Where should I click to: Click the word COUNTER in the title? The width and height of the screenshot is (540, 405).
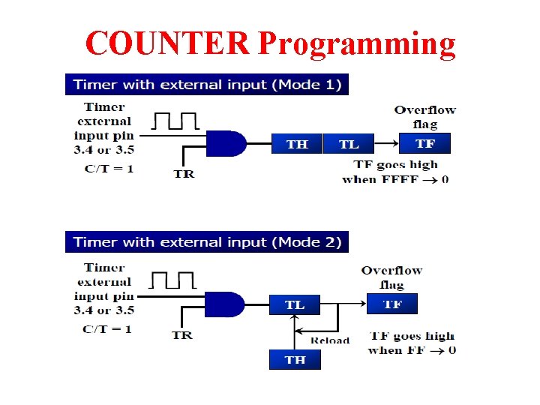tap(167, 43)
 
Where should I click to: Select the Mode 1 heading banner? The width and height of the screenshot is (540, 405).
tap(206, 84)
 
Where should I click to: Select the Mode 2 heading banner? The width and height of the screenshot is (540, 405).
tap(206, 242)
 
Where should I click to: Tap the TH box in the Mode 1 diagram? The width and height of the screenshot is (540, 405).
tap(296, 143)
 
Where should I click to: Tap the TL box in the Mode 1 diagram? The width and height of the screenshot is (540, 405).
tap(349, 143)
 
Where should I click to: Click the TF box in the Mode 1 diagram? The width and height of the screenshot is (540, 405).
tap(424, 142)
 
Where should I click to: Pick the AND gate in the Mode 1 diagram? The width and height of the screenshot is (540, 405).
tap(225, 142)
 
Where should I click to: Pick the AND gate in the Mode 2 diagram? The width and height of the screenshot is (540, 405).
tap(225, 304)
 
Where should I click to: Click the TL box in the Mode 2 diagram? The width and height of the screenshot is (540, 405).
tap(295, 304)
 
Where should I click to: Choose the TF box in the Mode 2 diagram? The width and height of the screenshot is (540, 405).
tap(392, 304)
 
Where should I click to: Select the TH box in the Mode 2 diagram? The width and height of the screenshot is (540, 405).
tap(295, 359)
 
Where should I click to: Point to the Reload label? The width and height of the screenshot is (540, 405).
tap(330, 340)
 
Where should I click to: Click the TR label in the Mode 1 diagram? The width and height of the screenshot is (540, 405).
tap(184, 174)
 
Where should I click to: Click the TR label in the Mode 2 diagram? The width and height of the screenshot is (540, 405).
tap(182, 334)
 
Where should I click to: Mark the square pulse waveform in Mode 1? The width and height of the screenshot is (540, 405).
tap(175, 121)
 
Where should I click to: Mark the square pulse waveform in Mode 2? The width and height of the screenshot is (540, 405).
tap(174, 280)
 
